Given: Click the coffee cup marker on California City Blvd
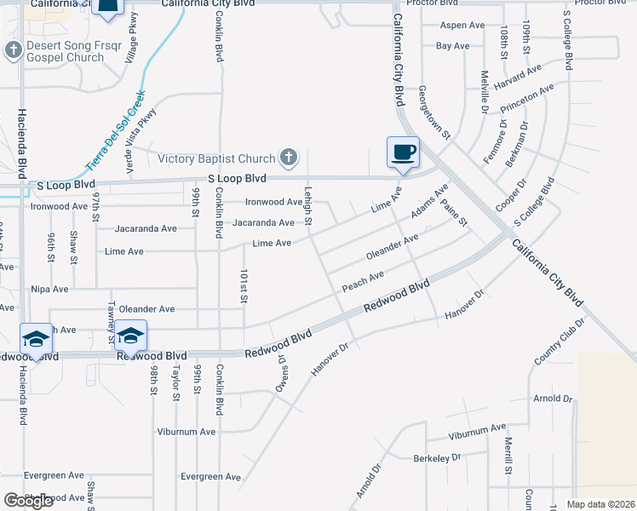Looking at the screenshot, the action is [x=403, y=152].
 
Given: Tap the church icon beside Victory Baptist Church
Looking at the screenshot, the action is [x=290, y=158].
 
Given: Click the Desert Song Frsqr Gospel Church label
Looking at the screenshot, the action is [x=65, y=51].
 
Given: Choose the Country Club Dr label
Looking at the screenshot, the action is [x=560, y=342].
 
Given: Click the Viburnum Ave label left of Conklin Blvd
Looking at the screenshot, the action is [x=186, y=432].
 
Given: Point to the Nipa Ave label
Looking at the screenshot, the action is [x=49, y=290].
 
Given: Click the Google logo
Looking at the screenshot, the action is [x=29, y=501].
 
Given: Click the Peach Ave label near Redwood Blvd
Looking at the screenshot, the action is [x=363, y=281].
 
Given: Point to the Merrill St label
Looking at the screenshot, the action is [x=508, y=456].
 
